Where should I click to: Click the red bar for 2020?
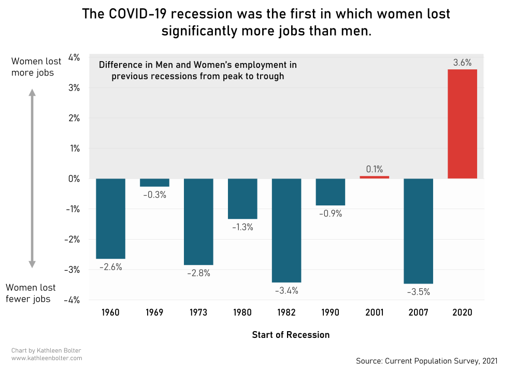coord(462,124)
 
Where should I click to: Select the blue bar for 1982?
coord(287,230)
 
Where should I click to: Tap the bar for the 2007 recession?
coord(418,231)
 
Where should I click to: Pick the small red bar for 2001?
coord(374,177)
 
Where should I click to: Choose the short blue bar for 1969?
coord(154,183)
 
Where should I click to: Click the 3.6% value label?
coord(462,63)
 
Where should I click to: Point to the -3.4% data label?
coord(287,290)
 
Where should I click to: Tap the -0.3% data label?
coord(154,195)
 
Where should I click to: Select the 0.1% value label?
coord(374,169)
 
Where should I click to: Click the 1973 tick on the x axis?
coord(198,313)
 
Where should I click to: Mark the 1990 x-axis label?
coord(331,313)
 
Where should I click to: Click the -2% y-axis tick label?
coord(71,239)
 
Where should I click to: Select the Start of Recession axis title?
coord(291,334)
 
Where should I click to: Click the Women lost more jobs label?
coord(33,67)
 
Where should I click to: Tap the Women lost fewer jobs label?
coord(31,293)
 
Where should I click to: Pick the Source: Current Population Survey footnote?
coord(426,360)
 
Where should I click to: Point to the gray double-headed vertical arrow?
coord(32,179)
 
